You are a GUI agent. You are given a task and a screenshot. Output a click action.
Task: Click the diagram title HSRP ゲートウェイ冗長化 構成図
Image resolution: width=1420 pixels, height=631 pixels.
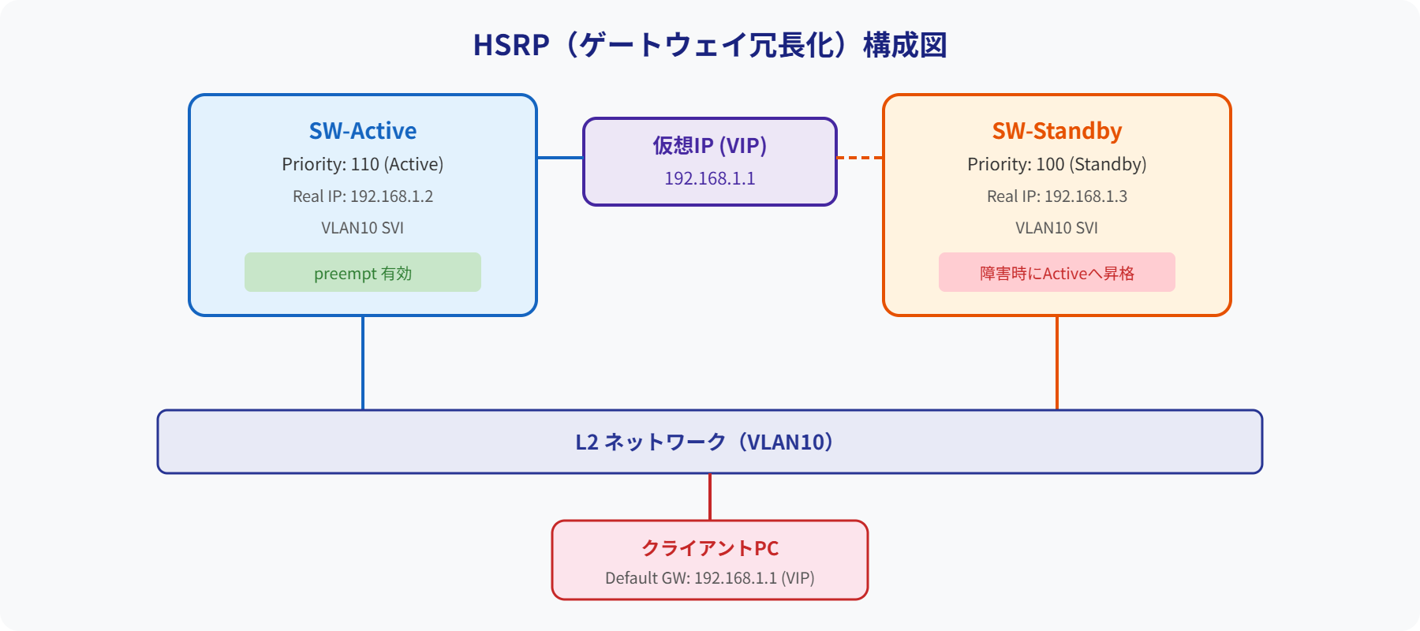click(710, 45)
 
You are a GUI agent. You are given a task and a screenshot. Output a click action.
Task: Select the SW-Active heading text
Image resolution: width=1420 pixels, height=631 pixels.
click(363, 131)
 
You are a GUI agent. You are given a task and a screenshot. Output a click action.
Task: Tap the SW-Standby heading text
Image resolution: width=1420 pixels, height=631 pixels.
click(1056, 131)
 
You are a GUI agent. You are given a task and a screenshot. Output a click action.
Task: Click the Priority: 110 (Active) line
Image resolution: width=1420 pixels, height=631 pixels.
click(363, 164)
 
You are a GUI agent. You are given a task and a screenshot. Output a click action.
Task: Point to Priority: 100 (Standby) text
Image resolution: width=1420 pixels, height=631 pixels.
click(1056, 164)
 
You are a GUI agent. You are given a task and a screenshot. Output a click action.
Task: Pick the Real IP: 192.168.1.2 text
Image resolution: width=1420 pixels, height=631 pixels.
click(363, 196)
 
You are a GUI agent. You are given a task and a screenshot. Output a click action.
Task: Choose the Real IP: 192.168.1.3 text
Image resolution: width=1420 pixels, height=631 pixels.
click(1056, 196)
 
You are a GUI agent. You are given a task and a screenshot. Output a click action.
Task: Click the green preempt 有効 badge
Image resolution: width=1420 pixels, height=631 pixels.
click(363, 273)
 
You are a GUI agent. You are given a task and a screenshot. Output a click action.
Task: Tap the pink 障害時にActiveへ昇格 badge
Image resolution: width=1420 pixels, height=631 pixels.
click(1056, 273)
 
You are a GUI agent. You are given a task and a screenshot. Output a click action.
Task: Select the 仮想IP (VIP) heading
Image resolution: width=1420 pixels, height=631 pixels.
click(710, 146)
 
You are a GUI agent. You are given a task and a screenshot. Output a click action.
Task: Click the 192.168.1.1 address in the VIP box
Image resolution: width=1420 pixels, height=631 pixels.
click(710, 179)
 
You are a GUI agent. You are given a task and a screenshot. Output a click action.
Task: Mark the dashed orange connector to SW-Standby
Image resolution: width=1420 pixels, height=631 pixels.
click(860, 158)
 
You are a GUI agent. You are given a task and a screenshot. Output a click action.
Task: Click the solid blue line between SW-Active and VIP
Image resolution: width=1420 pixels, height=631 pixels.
click(560, 158)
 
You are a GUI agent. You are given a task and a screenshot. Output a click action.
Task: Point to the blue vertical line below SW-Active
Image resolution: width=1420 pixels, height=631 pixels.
click(363, 363)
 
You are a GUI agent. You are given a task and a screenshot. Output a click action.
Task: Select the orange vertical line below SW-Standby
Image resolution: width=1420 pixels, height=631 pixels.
click(1057, 363)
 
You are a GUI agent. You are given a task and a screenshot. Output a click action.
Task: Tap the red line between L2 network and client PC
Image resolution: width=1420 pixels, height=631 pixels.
click(710, 497)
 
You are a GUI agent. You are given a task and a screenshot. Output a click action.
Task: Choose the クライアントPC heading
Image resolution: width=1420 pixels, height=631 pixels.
click(710, 548)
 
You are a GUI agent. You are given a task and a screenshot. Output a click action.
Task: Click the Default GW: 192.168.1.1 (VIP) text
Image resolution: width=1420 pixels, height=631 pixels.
click(710, 578)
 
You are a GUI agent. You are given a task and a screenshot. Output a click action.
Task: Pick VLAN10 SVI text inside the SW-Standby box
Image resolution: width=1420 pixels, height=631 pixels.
click(1056, 228)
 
